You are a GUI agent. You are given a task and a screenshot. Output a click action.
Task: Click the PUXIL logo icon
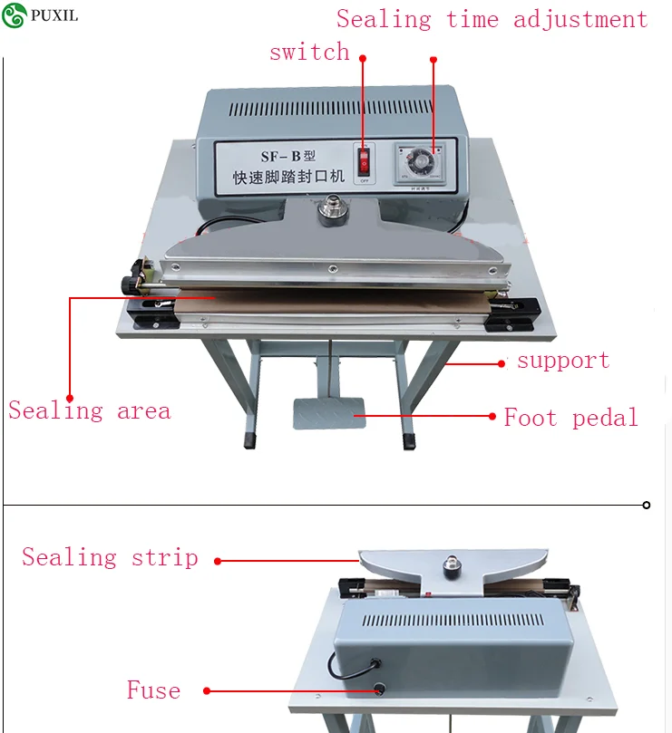[x=14, y=14]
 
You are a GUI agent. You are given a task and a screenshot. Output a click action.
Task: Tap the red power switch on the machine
[x=365, y=162]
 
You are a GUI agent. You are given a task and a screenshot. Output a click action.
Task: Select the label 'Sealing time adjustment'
[x=492, y=19]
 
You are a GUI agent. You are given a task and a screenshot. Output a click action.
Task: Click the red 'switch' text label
[x=309, y=53]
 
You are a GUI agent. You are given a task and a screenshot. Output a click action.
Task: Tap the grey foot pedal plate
[x=327, y=413]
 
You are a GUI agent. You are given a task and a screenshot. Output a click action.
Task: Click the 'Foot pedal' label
[x=570, y=418]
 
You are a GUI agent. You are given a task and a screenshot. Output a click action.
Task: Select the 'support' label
[x=563, y=361]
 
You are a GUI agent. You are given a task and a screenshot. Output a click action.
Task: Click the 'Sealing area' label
[x=89, y=411]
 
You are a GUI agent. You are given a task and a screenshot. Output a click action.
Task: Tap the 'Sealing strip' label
[x=110, y=556]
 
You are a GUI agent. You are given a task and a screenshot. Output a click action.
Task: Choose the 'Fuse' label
[x=153, y=690]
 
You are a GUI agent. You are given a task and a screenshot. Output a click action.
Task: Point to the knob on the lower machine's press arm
[x=449, y=565]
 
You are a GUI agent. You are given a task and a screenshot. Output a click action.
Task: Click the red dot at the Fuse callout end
[x=208, y=690]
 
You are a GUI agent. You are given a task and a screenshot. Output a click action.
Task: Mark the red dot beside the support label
[x=502, y=363]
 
